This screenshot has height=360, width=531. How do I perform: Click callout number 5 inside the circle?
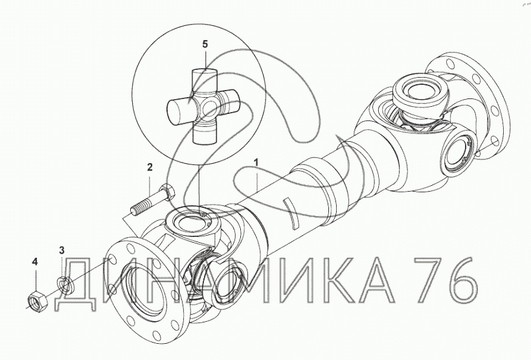[x=205, y=44]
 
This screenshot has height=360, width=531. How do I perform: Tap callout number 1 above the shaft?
[x=256, y=163]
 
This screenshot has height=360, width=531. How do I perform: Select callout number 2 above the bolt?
[x=150, y=166]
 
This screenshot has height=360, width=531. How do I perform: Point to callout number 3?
[x=62, y=251]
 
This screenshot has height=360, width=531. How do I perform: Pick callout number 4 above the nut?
[x=35, y=262]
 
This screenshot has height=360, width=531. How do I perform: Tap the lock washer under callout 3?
[x=64, y=284]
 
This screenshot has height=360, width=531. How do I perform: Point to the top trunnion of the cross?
[x=205, y=80]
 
